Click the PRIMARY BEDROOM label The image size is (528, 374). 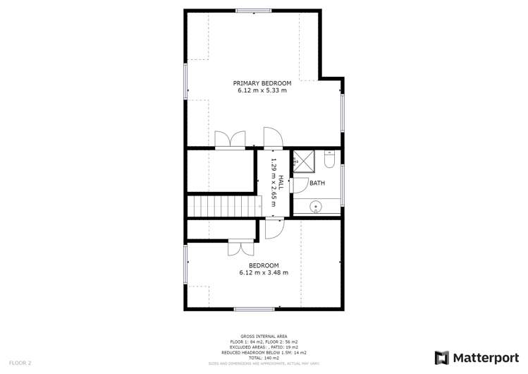(262, 83)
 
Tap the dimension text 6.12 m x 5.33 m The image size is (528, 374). (262, 90)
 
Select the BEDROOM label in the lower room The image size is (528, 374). (263, 265)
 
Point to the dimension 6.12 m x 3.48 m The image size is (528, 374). (263, 272)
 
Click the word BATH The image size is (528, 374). (317, 183)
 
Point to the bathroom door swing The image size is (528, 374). (297, 184)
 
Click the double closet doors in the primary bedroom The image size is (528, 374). (231, 140)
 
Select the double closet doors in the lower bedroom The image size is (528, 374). (240, 248)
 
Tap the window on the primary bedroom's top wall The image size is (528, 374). (254, 11)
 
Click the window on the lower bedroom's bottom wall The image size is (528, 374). (254, 309)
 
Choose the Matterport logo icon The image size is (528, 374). (443, 358)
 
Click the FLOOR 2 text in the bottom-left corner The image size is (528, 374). (20, 363)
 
